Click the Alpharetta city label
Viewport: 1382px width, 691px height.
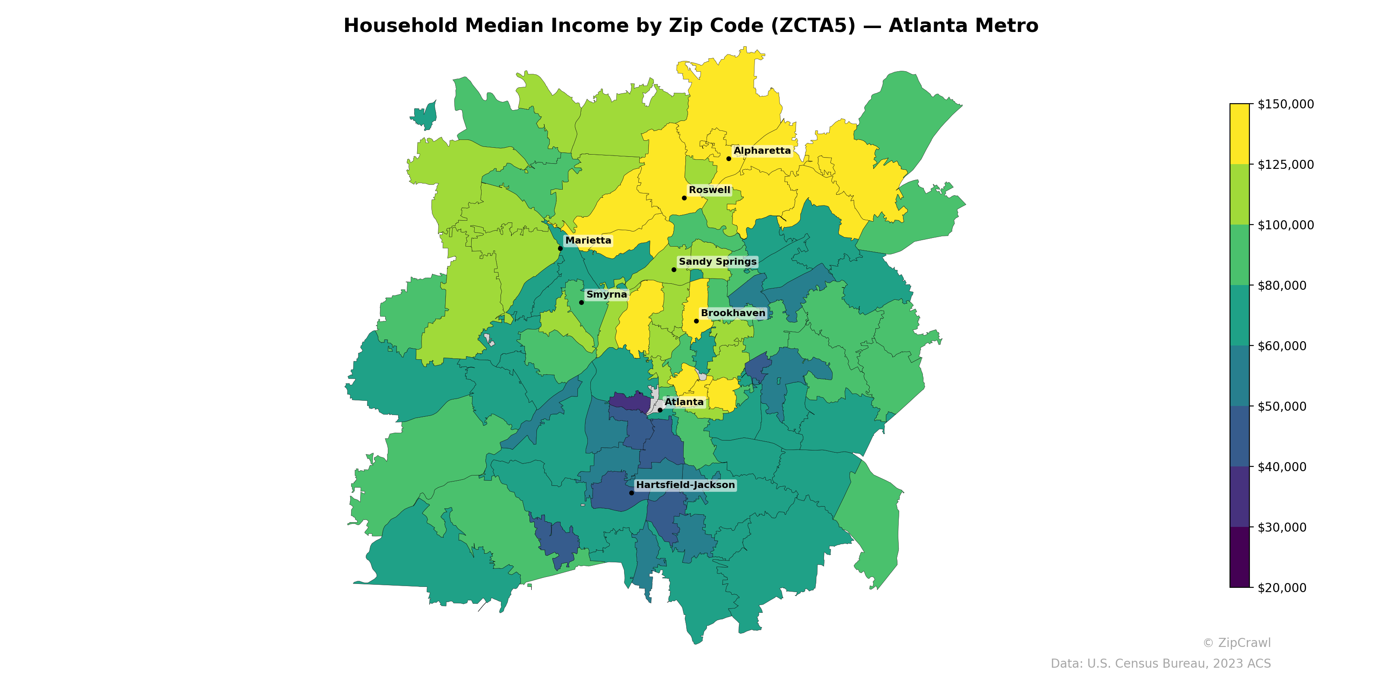762,151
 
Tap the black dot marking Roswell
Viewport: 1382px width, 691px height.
684,198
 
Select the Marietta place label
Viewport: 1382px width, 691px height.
588,241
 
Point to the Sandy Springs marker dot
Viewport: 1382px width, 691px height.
674,269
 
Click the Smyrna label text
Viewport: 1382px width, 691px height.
606,295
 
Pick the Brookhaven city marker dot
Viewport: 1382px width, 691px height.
696,321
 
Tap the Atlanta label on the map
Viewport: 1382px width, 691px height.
684,402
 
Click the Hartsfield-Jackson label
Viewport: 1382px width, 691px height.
685,485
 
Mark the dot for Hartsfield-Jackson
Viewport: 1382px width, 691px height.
631,492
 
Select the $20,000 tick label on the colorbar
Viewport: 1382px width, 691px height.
1282,587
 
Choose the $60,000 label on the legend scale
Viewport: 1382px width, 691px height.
1282,346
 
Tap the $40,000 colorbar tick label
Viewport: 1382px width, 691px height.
1282,467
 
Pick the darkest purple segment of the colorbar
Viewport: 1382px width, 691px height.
1239,557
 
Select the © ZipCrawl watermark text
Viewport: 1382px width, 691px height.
1236,643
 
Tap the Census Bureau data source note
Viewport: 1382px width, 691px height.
1160,664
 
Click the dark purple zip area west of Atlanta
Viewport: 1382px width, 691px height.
628,401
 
